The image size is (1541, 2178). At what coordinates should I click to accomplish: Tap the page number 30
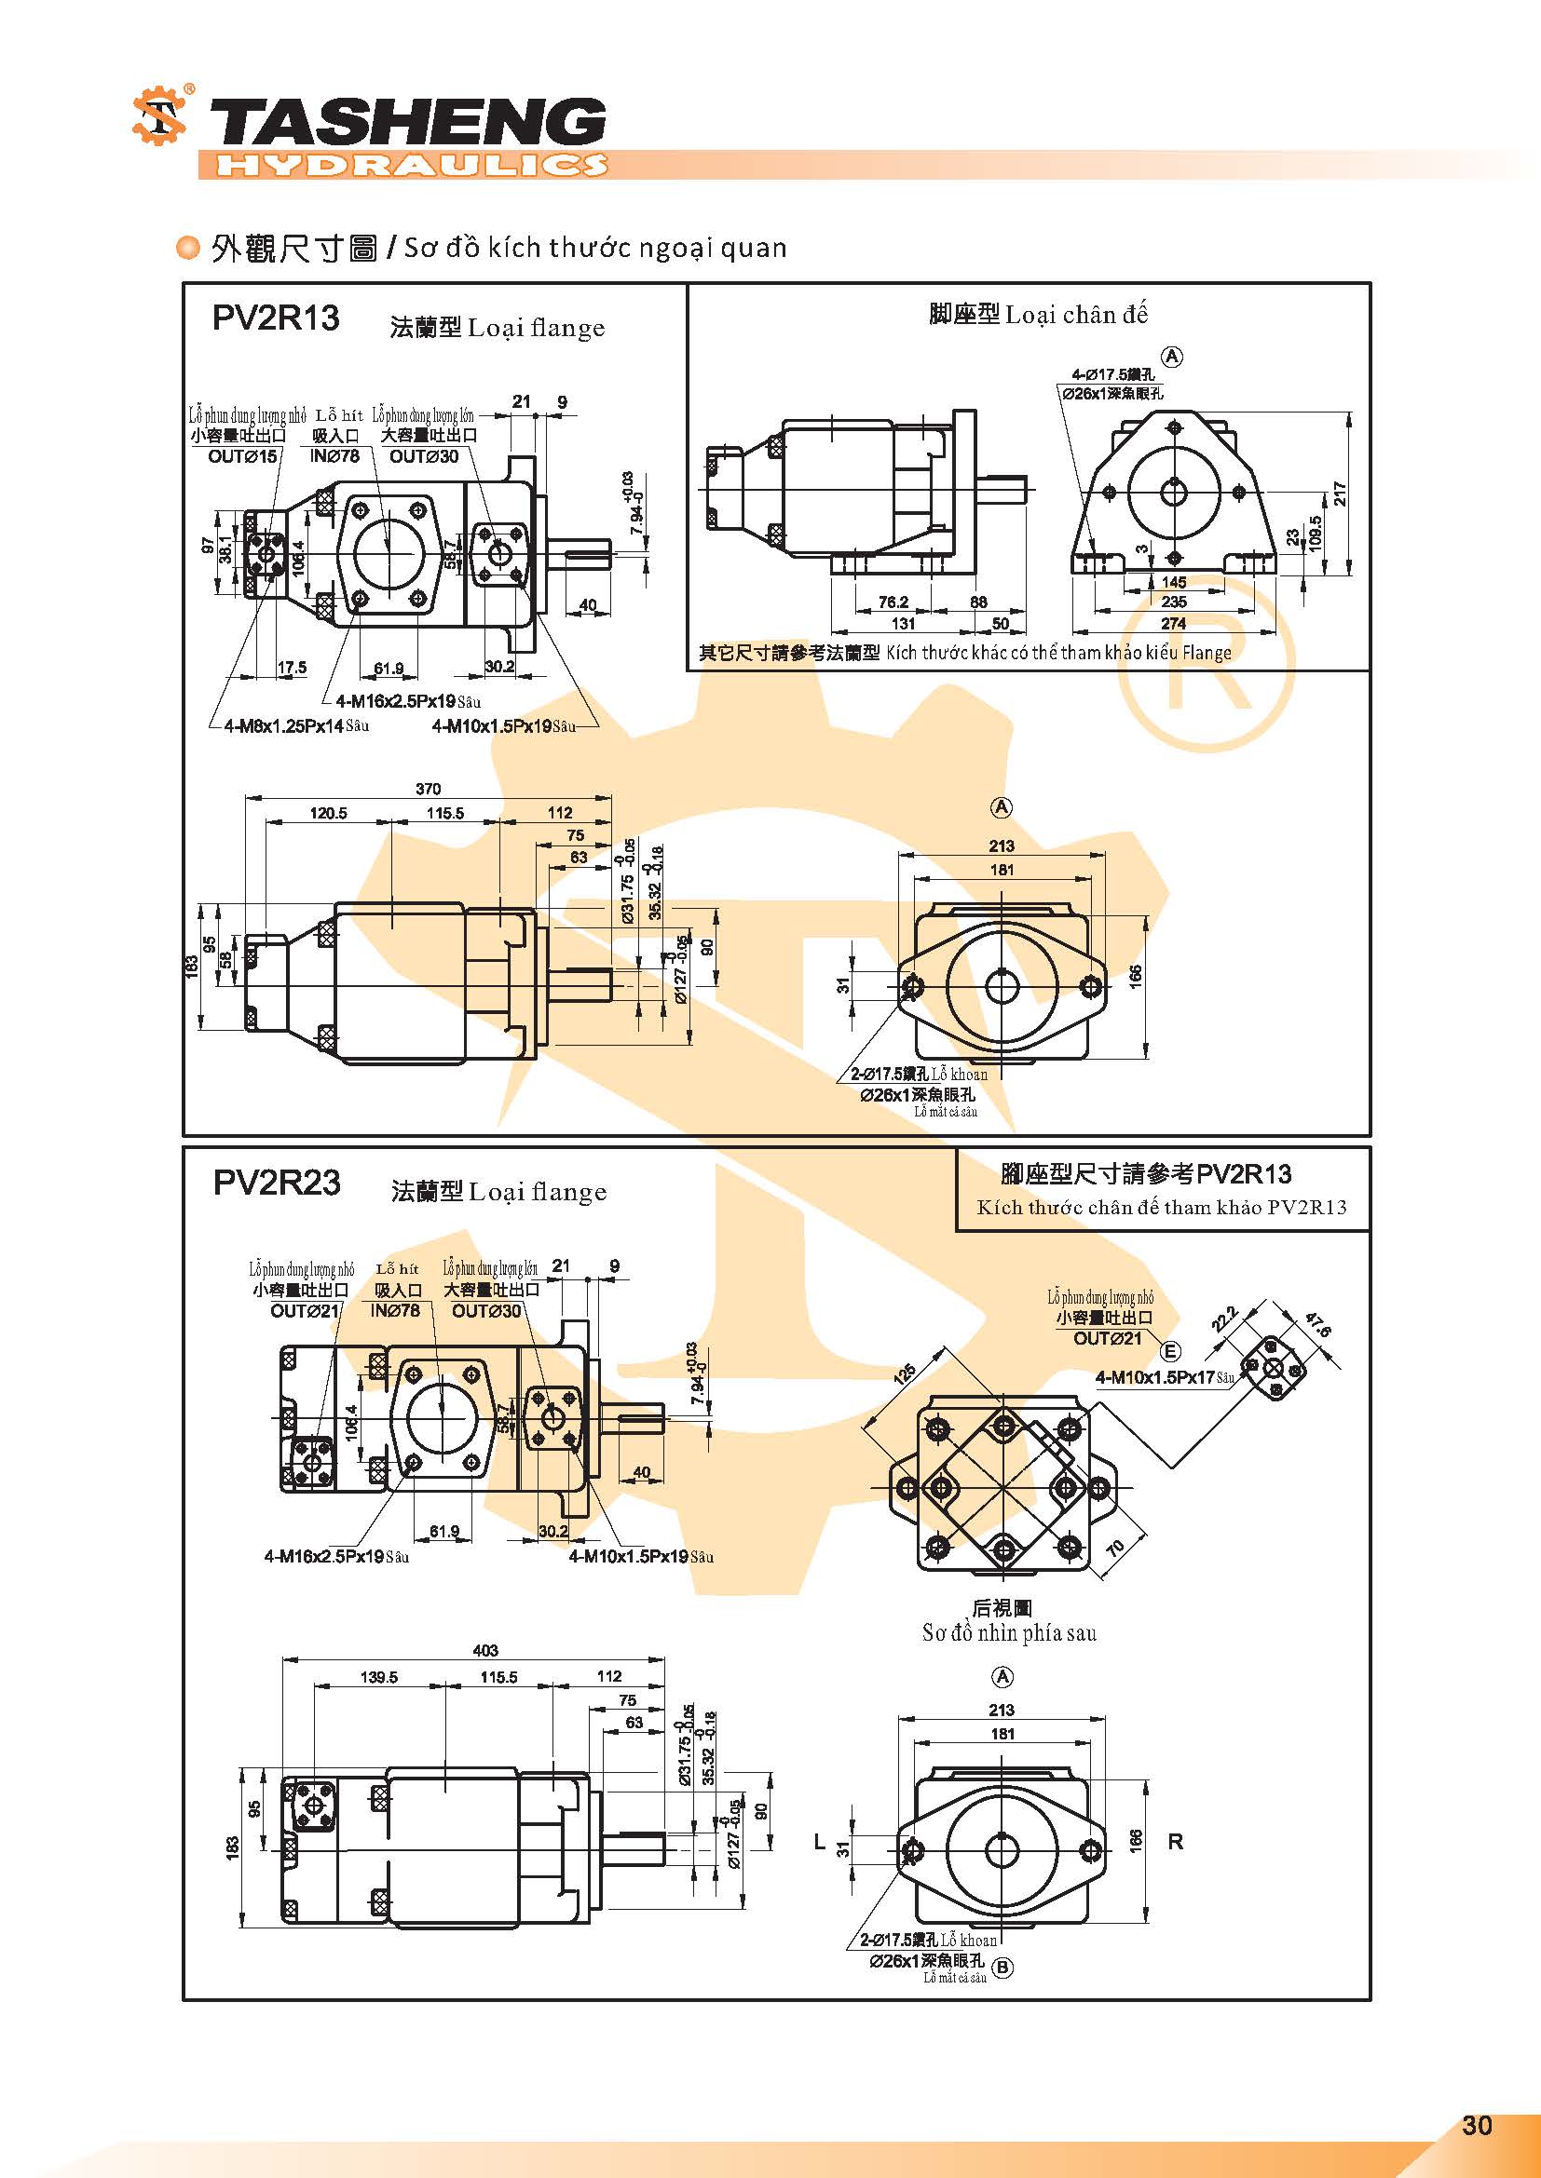click(x=1477, y=2125)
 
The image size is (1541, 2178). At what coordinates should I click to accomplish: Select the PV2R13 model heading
click(x=275, y=318)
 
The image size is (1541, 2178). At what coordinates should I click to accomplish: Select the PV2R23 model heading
click(x=276, y=1182)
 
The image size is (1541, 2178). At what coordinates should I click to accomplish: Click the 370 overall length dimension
click(x=428, y=789)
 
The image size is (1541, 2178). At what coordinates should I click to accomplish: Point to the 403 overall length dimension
click(x=484, y=1650)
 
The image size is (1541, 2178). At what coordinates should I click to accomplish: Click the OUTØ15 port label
click(x=242, y=456)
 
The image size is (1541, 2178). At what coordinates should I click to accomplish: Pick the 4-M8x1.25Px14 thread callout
click(x=284, y=725)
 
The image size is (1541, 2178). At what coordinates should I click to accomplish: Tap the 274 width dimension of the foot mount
click(x=1173, y=623)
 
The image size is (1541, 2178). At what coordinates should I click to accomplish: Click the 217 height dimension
click(x=1340, y=494)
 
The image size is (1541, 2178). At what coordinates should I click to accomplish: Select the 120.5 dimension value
click(x=328, y=813)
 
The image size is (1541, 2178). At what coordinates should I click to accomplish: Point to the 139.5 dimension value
click(x=378, y=1677)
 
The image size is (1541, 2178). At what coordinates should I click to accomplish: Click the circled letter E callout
click(x=1170, y=1352)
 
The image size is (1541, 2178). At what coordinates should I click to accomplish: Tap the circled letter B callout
click(x=1003, y=1967)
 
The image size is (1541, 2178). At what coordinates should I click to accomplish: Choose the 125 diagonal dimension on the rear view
click(x=907, y=1373)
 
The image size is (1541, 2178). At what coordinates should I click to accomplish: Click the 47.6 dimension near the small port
click(x=1318, y=1325)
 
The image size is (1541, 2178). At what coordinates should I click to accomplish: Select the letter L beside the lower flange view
click(x=820, y=1842)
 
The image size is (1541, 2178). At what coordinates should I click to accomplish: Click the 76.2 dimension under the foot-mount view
click(x=893, y=602)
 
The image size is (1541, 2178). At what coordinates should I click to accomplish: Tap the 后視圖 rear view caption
click(x=1001, y=1607)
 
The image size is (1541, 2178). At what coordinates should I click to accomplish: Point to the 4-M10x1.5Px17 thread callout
click(x=1154, y=1377)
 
